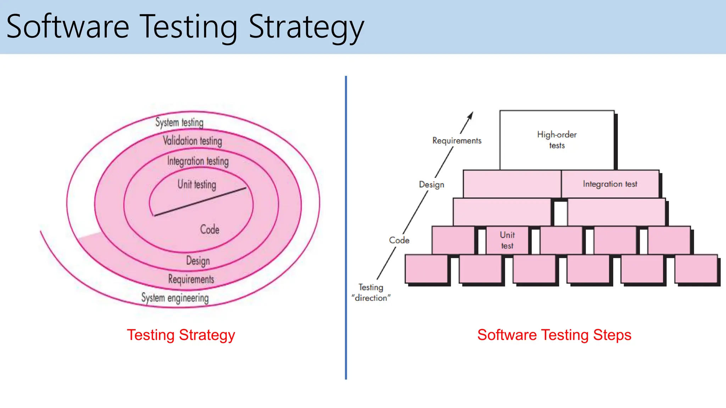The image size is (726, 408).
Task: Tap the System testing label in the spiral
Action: (179, 123)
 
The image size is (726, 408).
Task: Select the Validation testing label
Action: (192, 141)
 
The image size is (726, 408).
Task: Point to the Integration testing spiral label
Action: (198, 161)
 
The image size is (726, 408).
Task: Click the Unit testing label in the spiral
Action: (197, 185)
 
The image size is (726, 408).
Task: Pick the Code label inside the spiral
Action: (210, 229)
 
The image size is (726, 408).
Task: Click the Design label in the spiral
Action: (198, 261)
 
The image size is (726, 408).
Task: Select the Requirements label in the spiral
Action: (191, 279)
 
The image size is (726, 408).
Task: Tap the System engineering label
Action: (175, 298)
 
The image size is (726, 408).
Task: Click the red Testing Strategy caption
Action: (181, 335)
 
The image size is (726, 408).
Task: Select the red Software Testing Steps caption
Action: (554, 335)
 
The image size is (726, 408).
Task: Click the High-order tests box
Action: (557, 140)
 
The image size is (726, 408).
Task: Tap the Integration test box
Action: (610, 184)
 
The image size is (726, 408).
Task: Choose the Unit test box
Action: (507, 240)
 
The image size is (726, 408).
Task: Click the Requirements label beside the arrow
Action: (457, 141)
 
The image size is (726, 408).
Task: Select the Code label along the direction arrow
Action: (399, 240)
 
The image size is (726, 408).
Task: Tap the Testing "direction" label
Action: (371, 293)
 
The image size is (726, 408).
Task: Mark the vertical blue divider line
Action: (346, 227)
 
